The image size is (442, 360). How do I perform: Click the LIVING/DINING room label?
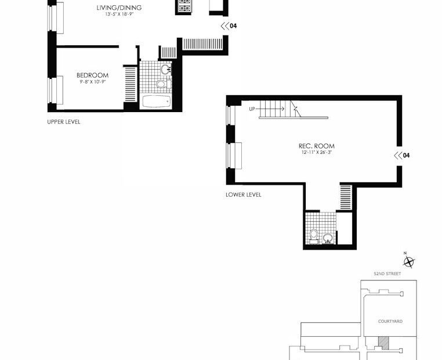click(119, 8)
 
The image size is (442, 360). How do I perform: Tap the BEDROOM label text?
click(92, 75)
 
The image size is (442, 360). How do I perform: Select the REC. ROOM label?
click(316, 146)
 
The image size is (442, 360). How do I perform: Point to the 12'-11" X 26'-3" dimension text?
click(316, 153)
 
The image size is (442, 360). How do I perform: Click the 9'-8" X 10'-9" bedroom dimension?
click(92, 82)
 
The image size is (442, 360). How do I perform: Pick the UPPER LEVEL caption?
click(64, 122)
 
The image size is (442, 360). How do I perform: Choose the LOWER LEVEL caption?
click(243, 195)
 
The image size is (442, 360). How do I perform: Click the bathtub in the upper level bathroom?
click(156, 101)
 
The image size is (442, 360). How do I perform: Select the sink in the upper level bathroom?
click(166, 70)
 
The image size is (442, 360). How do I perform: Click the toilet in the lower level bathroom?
click(314, 236)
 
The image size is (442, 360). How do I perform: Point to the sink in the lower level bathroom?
click(328, 239)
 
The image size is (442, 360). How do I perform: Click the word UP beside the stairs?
click(252, 109)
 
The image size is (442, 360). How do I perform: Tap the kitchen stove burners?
click(184, 6)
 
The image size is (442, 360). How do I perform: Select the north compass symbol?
click(408, 261)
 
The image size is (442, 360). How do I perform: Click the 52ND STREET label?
click(387, 273)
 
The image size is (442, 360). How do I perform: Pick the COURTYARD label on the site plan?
click(390, 321)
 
